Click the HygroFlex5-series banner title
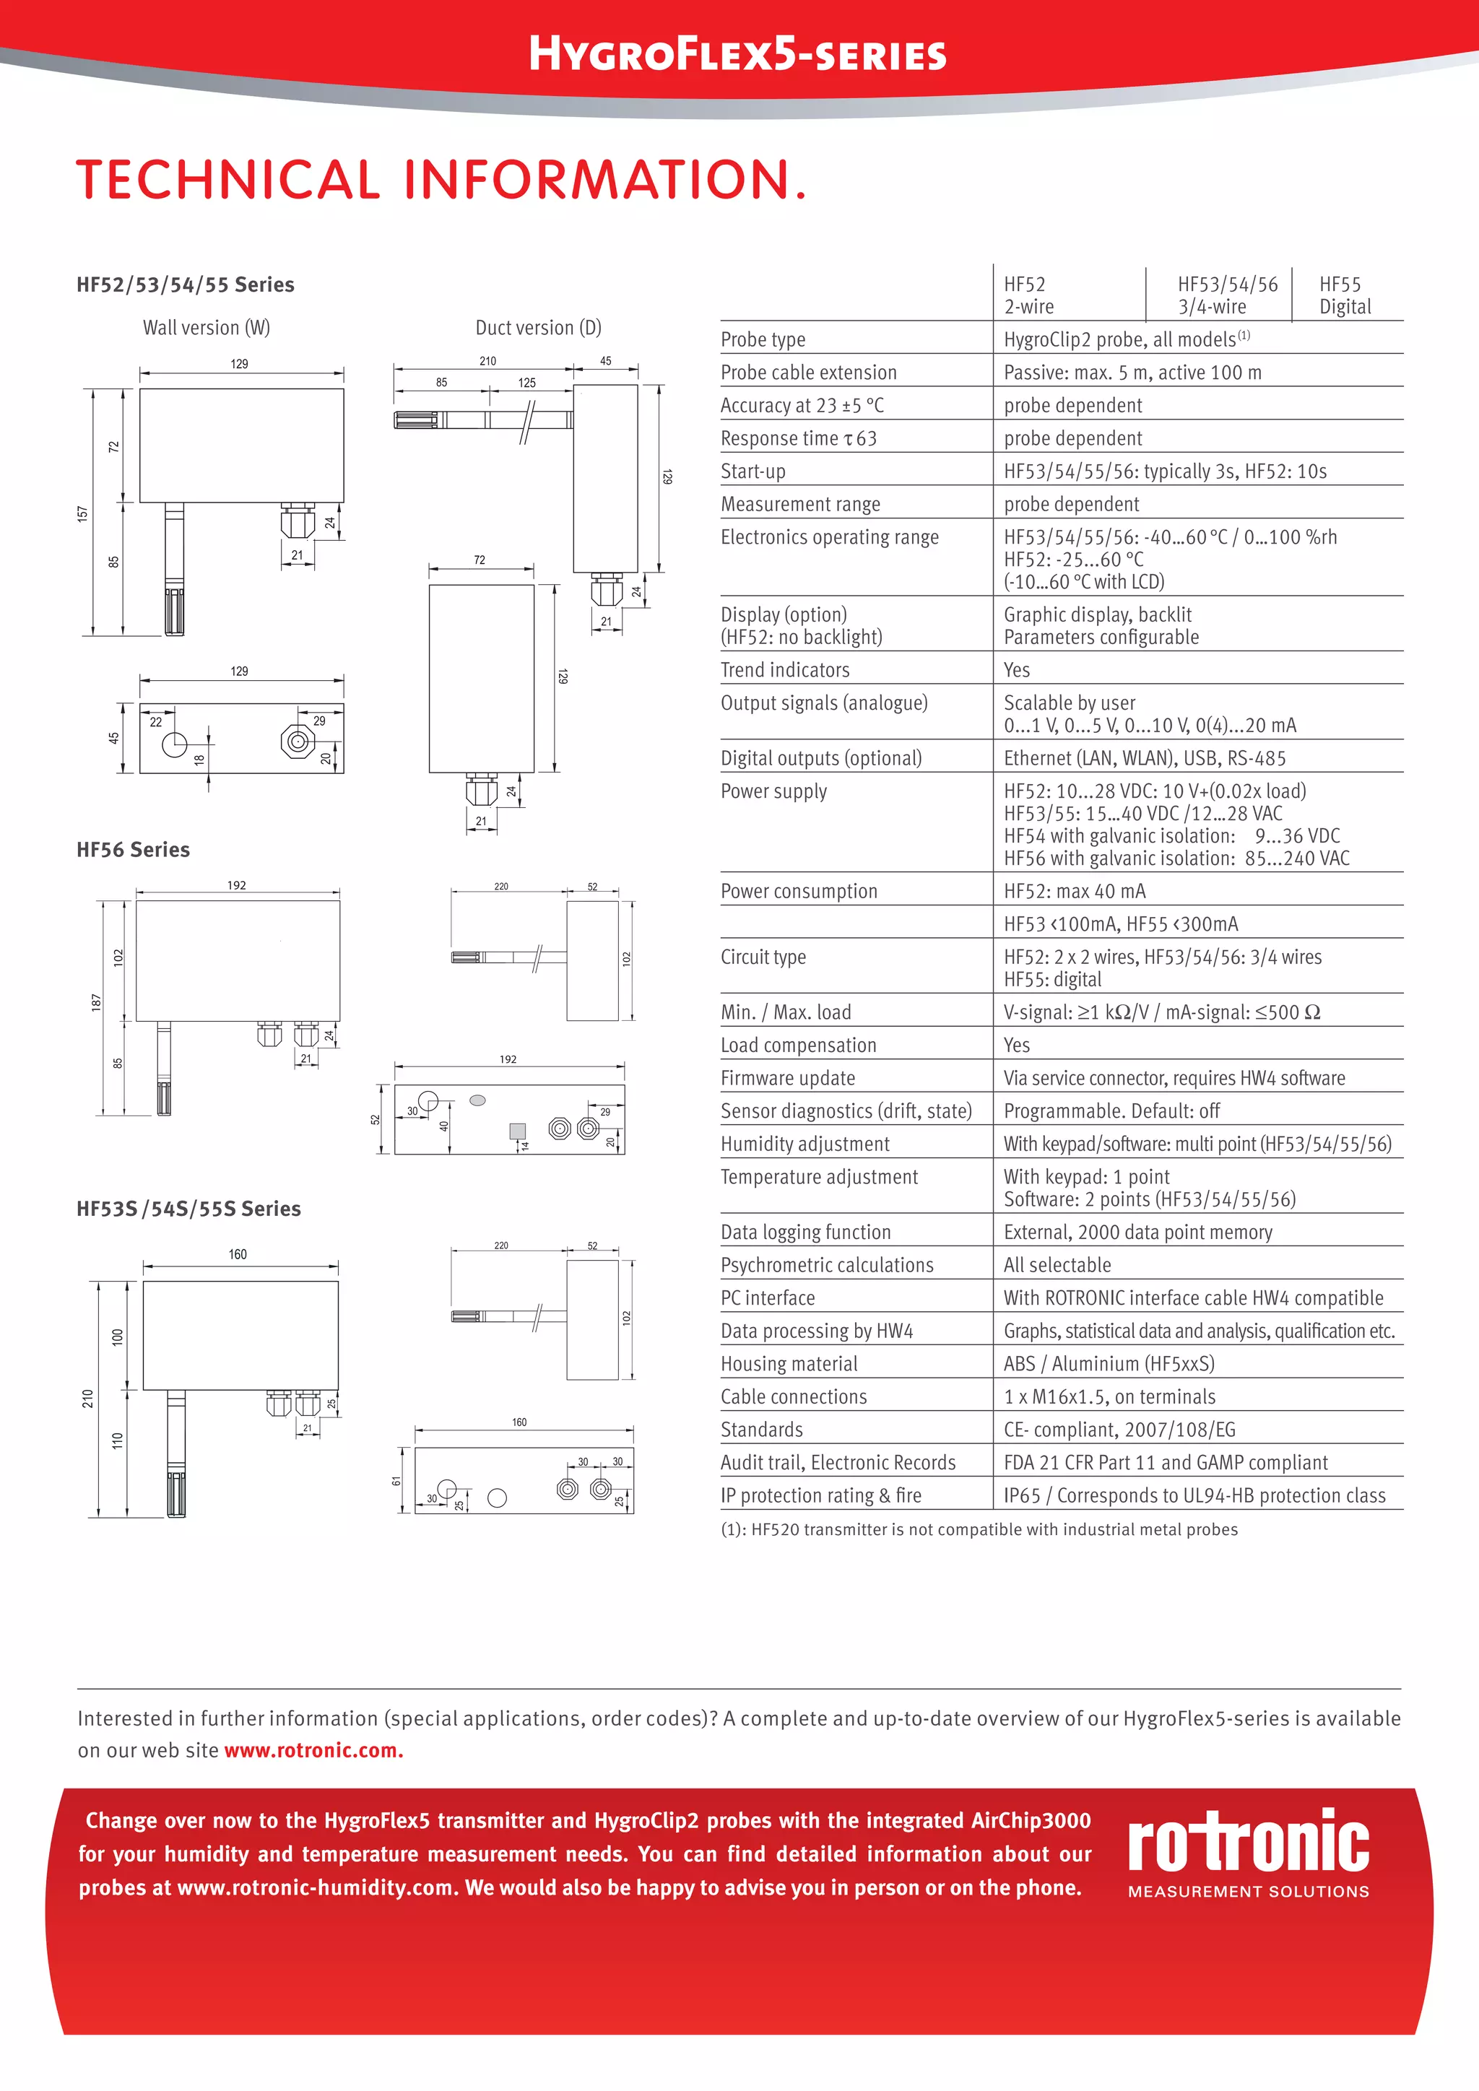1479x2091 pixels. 737,55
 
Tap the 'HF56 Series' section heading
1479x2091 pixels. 133,850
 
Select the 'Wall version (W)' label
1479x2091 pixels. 206,328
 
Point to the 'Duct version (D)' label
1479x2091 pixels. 538,328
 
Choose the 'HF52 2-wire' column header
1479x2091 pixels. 1028,295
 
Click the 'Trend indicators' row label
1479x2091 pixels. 785,670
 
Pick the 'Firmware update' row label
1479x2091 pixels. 788,1078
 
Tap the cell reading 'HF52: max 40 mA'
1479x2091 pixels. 1075,892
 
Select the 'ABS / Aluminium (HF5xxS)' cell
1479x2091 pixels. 1109,1364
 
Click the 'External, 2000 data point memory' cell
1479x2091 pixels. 1137,1233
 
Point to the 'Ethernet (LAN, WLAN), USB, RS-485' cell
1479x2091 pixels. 1145,759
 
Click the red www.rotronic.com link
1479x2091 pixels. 313,1750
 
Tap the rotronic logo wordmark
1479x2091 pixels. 1248,1841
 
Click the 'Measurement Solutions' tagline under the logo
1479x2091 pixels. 1248,1892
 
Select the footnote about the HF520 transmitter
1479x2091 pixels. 979,1530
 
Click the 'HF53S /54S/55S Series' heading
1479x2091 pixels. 188,1209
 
